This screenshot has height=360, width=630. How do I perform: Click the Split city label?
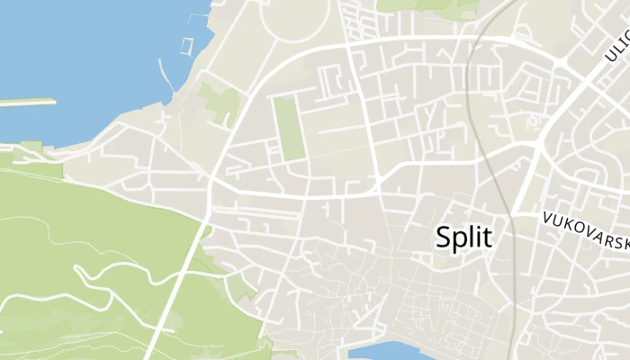pos(463,237)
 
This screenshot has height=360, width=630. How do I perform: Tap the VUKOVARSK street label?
pos(585,228)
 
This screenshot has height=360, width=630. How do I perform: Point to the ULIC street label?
pos(617,48)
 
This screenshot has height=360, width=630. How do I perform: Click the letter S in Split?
pos(444,237)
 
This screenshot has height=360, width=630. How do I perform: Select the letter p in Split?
pos(460,239)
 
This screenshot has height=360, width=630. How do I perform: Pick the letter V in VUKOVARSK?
pos(546,217)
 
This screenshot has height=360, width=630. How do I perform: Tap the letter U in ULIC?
pos(610,56)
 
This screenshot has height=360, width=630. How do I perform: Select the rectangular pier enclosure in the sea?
pos(187,47)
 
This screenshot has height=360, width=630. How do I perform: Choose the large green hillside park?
pos(81,261)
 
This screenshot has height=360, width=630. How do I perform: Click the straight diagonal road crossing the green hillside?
pos(175,288)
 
